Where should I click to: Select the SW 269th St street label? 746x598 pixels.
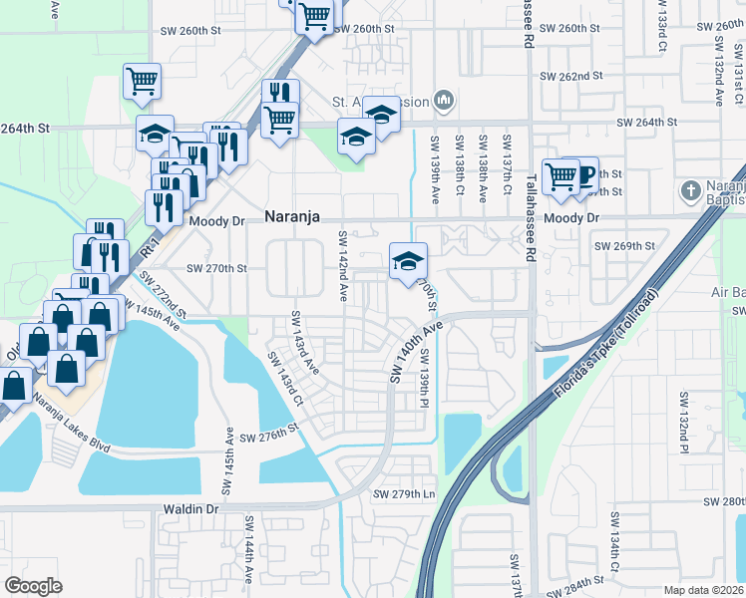coord(624,245)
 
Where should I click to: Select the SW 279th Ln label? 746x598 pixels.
coord(405,494)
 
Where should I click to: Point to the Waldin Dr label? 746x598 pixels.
coord(190,508)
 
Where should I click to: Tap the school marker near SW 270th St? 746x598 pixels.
coord(407,262)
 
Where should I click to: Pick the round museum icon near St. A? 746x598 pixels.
coord(445,101)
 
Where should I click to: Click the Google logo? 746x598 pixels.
coord(34,585)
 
